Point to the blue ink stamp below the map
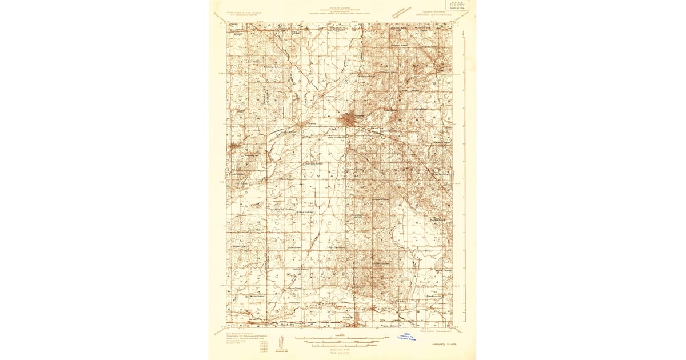coord(406,337)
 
